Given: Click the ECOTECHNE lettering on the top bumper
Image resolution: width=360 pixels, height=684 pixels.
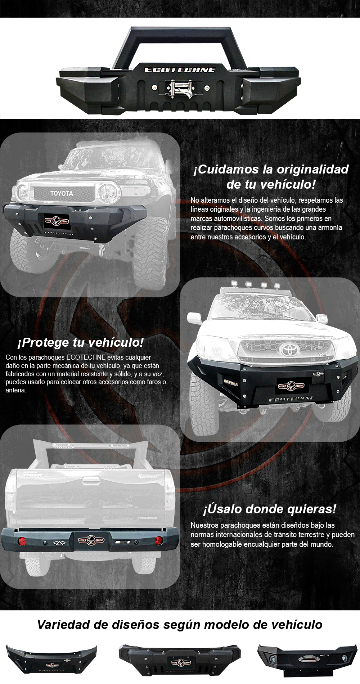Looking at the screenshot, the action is (180, 70).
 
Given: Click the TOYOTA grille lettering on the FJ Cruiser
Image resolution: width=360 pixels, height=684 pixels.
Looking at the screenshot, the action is (62, 193).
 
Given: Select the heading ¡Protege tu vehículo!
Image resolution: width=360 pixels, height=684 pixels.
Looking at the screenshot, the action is (80, 342).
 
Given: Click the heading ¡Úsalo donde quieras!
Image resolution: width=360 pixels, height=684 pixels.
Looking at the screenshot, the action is (270, 509).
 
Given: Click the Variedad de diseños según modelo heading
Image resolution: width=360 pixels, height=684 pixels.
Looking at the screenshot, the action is (180, 625).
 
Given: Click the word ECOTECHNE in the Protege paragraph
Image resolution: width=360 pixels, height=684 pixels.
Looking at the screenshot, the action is (86, 357).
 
